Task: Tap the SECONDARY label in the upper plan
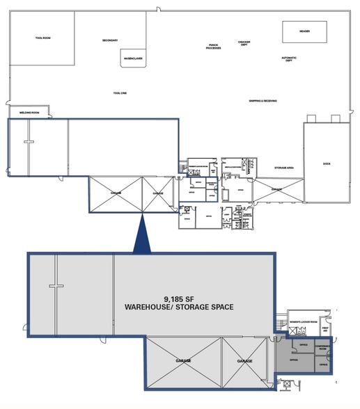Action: tap(110, 40)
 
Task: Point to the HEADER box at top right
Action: tap(304, 31)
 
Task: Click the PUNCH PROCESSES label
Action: tap(214, 47)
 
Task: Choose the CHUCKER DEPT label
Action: tap(244, 43)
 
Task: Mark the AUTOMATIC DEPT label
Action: tap(289, 59)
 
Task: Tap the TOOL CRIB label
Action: tap(119, 93)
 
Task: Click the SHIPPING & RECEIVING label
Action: tap(263, 101)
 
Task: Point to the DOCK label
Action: tap(326, 163)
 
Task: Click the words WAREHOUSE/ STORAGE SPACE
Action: tap(178, 306)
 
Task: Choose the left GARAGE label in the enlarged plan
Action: tap(184, 361)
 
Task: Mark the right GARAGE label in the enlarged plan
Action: tap(244, 361)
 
